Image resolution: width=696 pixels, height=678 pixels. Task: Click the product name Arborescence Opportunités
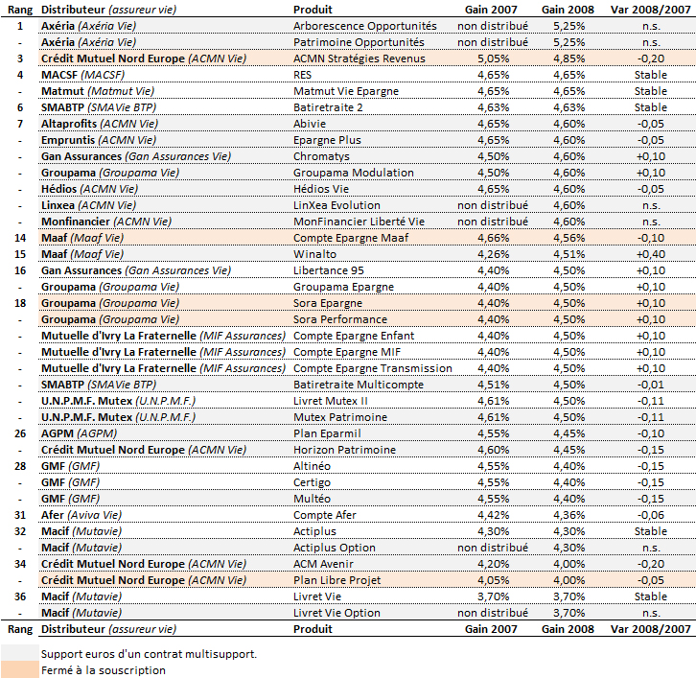click(x=365, y=26)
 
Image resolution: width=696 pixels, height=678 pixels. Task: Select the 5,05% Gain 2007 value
click(x=493, y=58)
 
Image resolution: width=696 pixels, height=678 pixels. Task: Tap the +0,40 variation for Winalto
click(x=651, y=254)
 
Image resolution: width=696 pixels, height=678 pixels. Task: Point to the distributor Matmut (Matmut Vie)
click(x=98, y=91)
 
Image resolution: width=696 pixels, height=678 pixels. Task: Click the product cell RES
click(x=302, y=75)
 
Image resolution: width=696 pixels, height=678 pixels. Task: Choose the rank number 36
click(x=20, y=596)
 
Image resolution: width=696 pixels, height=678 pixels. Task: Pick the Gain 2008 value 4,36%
click(x=569, y=515)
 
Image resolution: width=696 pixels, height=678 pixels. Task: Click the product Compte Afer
click(x=324, y=515)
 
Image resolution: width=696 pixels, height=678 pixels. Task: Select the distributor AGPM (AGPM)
click(x=79, y=433)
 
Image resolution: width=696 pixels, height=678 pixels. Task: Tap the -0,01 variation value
click(x=651, y=385)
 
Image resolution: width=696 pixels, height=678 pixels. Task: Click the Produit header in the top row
click(x=313, y=10)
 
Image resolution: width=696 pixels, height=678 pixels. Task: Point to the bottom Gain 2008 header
click(x=568, y=629)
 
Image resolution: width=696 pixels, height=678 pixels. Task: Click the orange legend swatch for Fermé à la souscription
click(x=20, y=670)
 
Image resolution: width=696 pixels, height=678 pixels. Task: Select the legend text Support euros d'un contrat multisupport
click(x=150, y=654)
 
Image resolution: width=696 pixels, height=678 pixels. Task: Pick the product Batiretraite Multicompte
click(x=359, y=385)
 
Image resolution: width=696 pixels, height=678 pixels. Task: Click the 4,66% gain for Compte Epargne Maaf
click(x=493, y=238)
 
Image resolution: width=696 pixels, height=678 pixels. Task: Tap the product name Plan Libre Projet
click(x=336, y=580)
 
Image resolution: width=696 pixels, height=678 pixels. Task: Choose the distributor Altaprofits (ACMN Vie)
click(x=100, y=124)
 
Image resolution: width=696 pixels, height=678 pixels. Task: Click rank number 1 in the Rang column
click(x=20, y=26)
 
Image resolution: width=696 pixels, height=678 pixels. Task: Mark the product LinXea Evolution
click(x=336, y=205)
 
